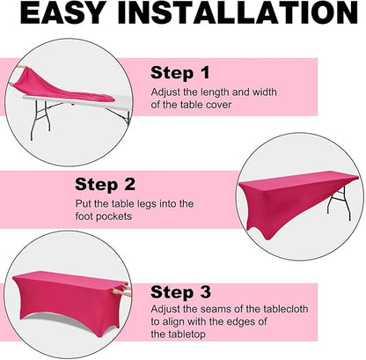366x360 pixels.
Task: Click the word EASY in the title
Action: coord(63,12)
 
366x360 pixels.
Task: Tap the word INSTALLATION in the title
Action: coord(238,12)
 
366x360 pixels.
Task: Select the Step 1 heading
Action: coord(180,73)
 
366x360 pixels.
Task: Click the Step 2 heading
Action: coord(105,185)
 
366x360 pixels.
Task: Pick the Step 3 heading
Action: coord(180,292)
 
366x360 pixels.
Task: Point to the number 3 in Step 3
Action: coord(205,292)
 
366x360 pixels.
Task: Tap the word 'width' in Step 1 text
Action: coord(265,92)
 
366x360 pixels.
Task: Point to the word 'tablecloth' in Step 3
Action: coord(285,309)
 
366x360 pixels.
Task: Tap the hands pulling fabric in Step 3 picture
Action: coord(121,291)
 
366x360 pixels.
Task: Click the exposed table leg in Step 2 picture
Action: coord(341,202)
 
